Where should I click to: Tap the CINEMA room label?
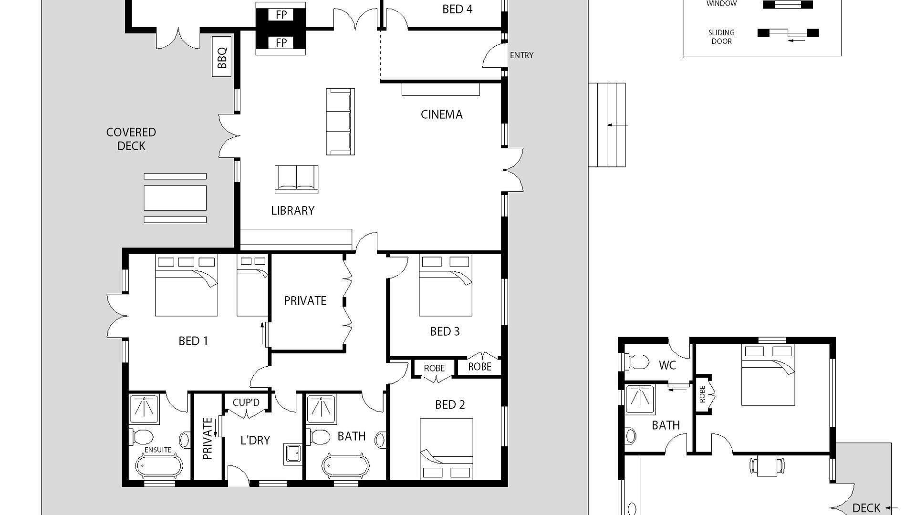441,114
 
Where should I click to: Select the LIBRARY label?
292,210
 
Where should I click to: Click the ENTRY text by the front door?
521,55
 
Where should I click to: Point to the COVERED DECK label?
131,139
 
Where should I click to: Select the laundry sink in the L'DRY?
293,453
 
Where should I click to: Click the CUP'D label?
246,402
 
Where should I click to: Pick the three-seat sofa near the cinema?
340,122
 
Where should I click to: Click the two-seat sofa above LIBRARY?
296,179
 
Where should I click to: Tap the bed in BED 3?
445,285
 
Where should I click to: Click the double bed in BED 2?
446,448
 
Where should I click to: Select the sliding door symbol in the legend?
788,33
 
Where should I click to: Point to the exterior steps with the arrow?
607,125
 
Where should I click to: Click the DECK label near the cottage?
866,508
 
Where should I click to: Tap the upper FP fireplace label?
281,15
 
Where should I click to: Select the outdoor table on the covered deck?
175,198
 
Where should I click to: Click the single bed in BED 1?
252,285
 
